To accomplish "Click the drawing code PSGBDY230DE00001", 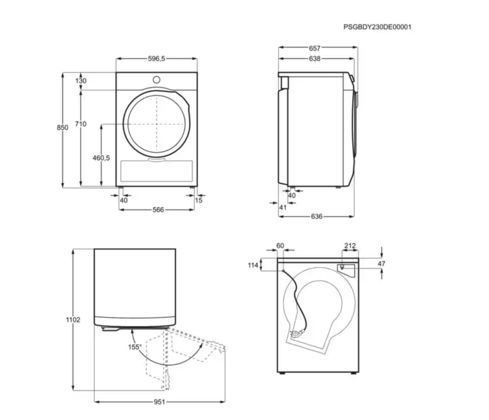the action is coord(378,27).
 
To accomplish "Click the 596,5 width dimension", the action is coord(156,59).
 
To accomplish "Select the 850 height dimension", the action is coord(63,127).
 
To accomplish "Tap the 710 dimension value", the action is coord(81,124).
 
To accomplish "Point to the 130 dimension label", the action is coord(81,81).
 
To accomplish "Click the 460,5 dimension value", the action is coord(101,158).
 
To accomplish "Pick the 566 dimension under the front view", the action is coord(158,210).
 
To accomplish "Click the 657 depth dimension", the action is coord(314,48).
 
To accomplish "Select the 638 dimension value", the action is coord(314,59).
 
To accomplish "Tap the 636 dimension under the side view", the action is coord(316,217).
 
